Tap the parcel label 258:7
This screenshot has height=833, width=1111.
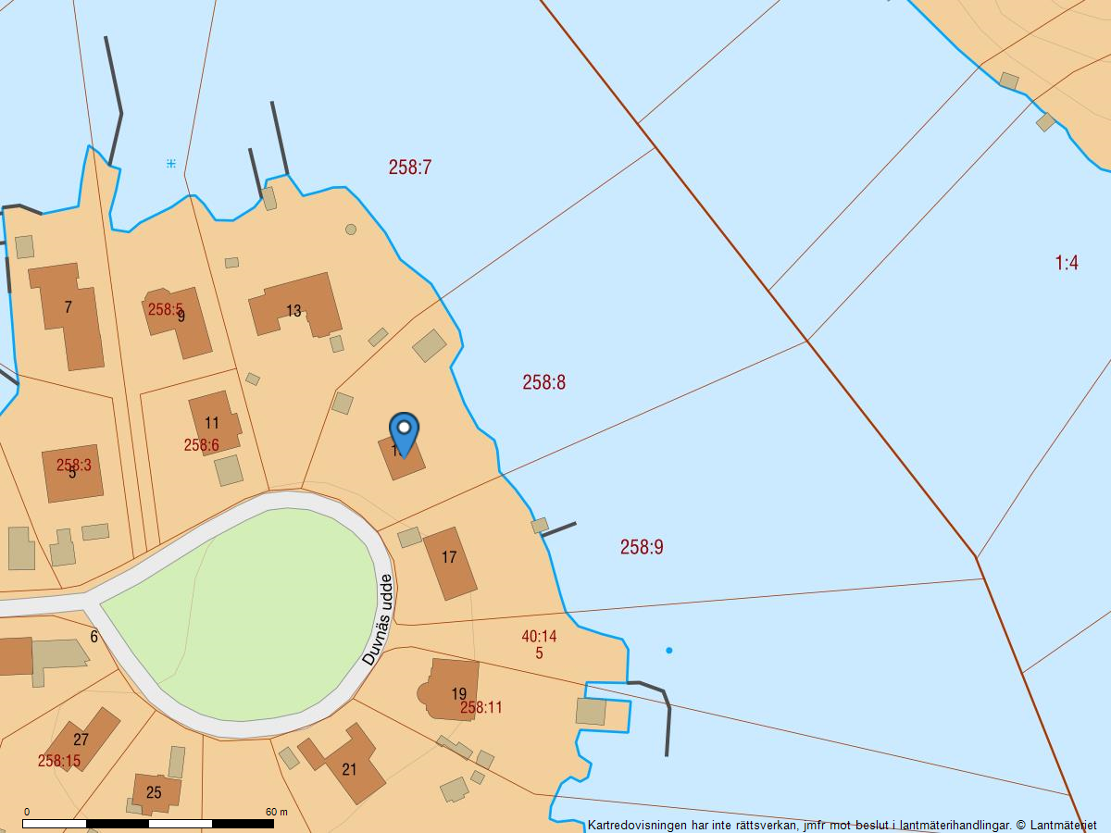[410, 168]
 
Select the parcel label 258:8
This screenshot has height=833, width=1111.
[543, 382]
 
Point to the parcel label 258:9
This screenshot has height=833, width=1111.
[642, 547]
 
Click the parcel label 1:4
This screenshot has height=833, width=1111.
[1067, 263]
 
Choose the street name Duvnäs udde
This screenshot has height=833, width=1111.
[378, 619]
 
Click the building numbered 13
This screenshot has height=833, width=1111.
[293, 310]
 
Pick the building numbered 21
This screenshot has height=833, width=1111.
[350, 768]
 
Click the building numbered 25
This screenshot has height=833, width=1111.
[154, 792]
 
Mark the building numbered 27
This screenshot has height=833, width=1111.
[81, 739]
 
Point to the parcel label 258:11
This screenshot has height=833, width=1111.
[481, 708]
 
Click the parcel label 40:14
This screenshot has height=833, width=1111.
[539, 636]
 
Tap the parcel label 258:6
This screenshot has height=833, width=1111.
[201, 445]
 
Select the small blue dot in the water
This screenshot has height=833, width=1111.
[668, 651]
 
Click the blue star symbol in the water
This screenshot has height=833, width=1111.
[171, 164]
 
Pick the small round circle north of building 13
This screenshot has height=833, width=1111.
[351, 230]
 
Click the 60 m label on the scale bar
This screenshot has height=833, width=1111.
[276, 812]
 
